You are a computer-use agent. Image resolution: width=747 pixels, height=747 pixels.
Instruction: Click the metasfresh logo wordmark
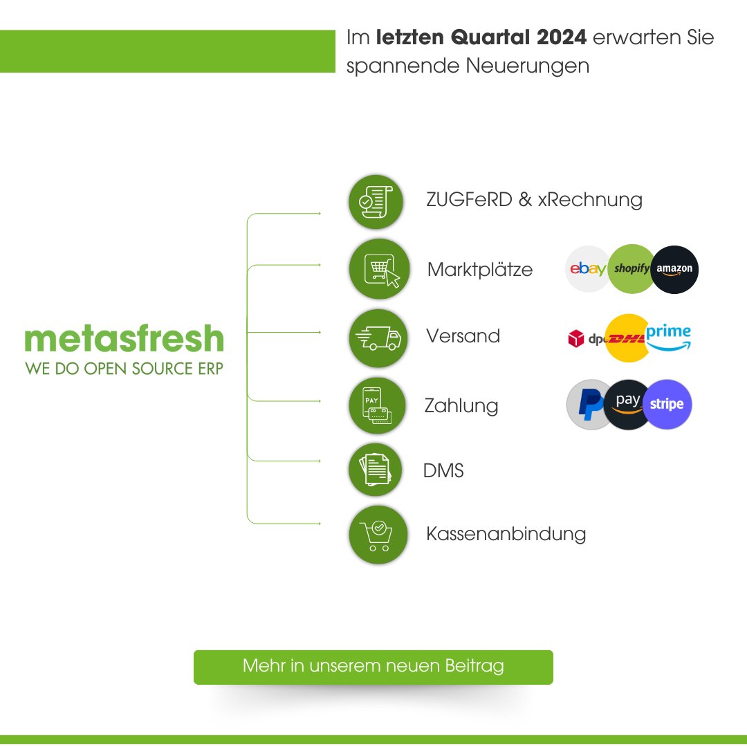pyautogui.click(x=124, y=340)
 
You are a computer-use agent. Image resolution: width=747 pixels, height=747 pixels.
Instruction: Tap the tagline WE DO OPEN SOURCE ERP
pyautogui.click(x=124, y=369)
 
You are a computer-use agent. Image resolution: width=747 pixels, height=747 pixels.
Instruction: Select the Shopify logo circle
pyautogui.click(x=630, y=268)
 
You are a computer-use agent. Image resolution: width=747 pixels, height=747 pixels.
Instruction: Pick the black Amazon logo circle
pyautogui.click(x=675, y=269)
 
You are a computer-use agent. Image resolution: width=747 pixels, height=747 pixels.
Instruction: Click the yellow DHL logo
pyautogui.click(x=627, y=338)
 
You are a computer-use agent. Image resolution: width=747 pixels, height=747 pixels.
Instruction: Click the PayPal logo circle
pyautogui.click(x=589, y=405)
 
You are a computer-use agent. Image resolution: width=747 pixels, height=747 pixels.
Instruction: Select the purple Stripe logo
pyautogui.click(x=667, y=405)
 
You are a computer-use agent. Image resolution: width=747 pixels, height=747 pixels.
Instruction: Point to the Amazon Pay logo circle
pyautogui.click(x=627, y=404)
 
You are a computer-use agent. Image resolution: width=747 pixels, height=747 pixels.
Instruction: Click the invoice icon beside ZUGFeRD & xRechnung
pyautogui.click(x=376, y=202)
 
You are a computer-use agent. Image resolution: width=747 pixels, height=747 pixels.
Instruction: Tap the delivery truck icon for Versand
pyautogui.click(x=376, y=338)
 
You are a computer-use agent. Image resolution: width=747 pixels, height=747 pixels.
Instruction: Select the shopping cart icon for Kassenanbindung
pyautogui.click(x=376, y=534)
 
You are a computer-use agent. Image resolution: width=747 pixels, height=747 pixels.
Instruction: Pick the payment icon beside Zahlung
pyautogui.click(x=376, y=405)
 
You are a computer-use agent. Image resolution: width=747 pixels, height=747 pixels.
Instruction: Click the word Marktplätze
pyautogui.click(x=480, y=269)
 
